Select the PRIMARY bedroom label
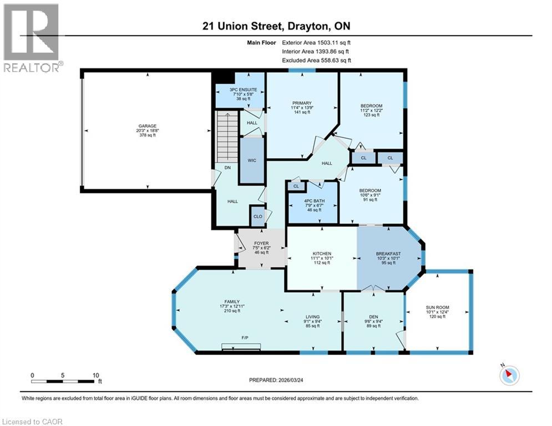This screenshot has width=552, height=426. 302,103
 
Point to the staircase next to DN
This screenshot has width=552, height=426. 227,135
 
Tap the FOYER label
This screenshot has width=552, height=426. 261,244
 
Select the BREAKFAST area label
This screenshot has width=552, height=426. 388,254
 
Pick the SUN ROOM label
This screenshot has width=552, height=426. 437,307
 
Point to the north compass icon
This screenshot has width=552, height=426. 509,376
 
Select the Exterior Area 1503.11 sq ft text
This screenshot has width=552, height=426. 316,42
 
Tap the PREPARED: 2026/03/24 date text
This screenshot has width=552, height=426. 276,380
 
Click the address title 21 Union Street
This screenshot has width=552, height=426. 276,26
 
